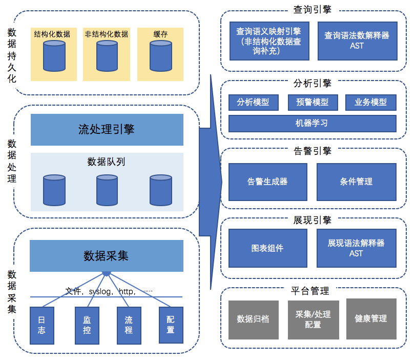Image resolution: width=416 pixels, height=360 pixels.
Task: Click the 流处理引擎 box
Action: [x=107, y=130]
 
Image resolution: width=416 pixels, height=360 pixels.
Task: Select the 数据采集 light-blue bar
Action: [x=107, y=256]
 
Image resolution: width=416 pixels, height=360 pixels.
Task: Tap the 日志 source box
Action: [x=42, y=326]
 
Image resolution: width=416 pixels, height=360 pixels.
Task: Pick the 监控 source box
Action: [x=87, y=326]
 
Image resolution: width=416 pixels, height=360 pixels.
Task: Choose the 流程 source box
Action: [x=129, y=326]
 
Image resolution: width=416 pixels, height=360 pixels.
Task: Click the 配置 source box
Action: [x=171, y=325]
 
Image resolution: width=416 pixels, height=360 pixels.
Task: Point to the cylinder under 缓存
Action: [x=161, y=56]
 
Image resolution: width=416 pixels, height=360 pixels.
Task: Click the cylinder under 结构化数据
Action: [x=54, y=56]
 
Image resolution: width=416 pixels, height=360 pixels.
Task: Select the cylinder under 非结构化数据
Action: [x=107, y=56]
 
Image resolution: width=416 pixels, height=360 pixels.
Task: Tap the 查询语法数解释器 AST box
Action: [x=358, y=41]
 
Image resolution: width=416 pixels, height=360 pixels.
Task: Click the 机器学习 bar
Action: [x=313, y=124]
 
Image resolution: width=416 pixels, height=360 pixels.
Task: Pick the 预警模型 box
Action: [x=313, y=102]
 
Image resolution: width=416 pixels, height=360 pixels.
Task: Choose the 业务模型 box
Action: [x=370, y=102]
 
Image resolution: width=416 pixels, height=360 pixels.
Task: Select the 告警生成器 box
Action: [x=268, y=182]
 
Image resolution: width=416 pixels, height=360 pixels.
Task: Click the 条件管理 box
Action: [x=356, y=182]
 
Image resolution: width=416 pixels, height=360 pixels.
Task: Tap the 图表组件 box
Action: [x=268, y=248]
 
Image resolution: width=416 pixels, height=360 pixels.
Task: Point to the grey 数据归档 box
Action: [x=254, y=319]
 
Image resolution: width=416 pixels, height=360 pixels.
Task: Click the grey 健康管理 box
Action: [x=371, y=318]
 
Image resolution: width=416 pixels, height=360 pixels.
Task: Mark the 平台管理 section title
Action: [x=310, y=291]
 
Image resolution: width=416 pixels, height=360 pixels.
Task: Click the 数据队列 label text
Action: [x=106, y=162]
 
